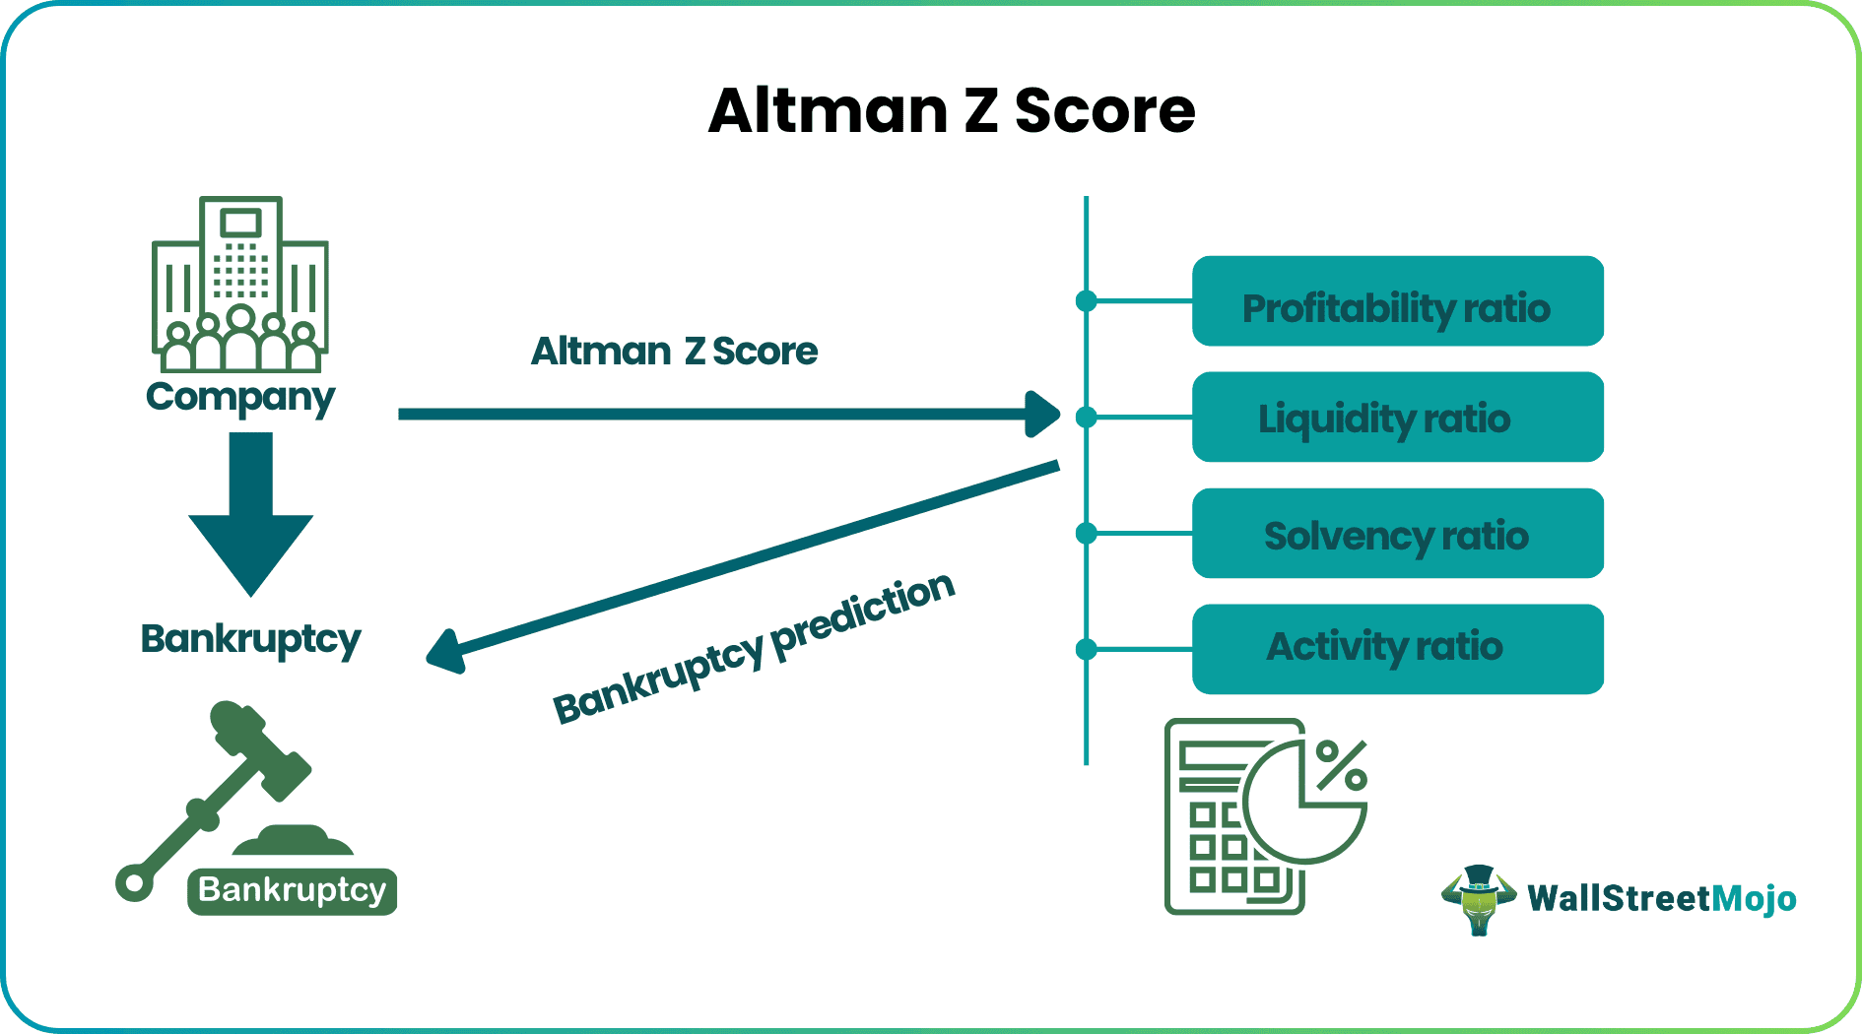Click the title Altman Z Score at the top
point(951,110)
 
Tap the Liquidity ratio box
point(1397,417)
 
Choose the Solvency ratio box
point(1397,533)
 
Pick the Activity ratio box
point(1397,649)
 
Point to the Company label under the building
point(240,397)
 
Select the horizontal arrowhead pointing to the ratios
point(1041,414)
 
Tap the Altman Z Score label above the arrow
point(674,352)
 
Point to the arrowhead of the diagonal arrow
point(446,652)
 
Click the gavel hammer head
point(260,748)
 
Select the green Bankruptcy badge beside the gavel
point(292,891)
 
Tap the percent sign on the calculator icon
point(1342,765)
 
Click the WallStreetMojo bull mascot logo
point(1478,898)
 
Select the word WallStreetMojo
point(1661,898)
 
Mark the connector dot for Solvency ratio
point(1087,534)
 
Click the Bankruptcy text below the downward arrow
point(250,639)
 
